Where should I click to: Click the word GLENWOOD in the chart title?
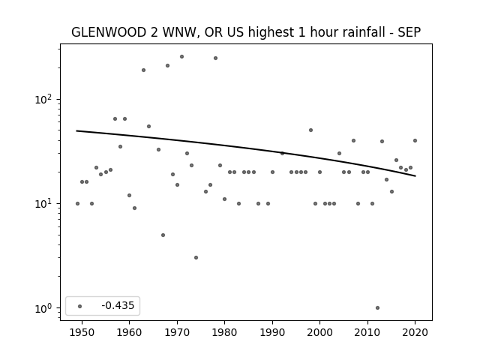coord(109,32)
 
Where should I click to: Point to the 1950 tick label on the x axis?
coord(82,332)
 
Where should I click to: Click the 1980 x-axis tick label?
coord(225,332)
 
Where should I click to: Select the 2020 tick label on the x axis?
coord(415,332)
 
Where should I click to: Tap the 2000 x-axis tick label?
coord(320,332)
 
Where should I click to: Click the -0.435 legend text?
coord(118,305)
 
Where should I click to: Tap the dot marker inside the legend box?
coord(80,306)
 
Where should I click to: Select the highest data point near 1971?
coord(181,57)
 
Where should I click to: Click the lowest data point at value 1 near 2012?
coord(377,308)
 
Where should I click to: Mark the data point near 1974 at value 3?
coord(196,258)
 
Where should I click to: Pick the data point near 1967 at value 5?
coord(163,235)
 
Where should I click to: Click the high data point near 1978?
coord(215,58)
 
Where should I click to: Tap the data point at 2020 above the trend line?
coord(415,141)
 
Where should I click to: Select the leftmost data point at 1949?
coord(77,203)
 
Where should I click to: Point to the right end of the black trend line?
coord(415,176)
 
